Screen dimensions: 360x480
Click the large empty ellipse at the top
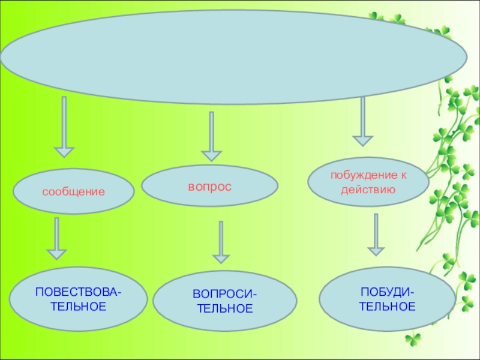tap(233, 58)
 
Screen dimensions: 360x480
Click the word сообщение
tap(73, 192)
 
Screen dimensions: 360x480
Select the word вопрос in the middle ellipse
tap(209, 187)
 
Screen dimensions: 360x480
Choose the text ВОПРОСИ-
tap(224, 296)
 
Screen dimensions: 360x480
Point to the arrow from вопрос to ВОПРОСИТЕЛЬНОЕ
tap(221, 242)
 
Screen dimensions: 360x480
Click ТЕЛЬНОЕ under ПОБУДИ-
tap(388, 307)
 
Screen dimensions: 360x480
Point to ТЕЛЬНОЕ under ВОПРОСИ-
tap(225, 309)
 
